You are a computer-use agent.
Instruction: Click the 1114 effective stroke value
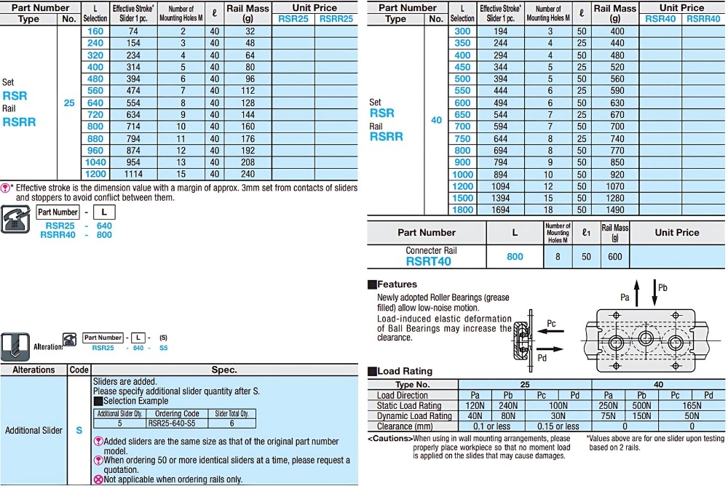point(133,175)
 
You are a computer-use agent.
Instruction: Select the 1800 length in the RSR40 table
point(462,210)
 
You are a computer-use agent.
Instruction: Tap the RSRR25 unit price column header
point(336,19)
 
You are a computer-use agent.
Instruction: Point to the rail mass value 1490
point(617,210)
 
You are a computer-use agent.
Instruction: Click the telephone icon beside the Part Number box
point(16,218)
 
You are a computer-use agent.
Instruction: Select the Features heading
point(397,284)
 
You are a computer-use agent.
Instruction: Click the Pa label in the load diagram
point(625,297)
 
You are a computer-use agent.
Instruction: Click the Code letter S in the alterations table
point(79,430)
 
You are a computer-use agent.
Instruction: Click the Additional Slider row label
point(33,430)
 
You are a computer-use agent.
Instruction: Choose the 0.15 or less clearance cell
point(558,426)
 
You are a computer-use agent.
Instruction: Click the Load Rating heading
point(405,371)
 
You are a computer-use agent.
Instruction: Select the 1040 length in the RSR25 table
point(95,162)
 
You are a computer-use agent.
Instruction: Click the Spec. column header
point(224,370)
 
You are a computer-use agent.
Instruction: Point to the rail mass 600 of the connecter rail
point(615,256)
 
